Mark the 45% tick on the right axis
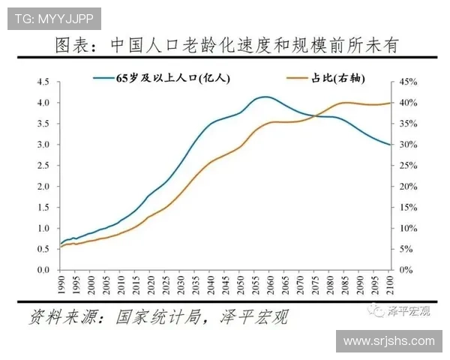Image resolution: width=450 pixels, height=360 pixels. pos(406,82)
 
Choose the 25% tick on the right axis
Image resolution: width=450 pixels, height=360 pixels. pos(406,186)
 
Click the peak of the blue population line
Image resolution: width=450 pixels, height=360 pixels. pos(264,97)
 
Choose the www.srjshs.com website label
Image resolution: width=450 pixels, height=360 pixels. pos(388,341)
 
